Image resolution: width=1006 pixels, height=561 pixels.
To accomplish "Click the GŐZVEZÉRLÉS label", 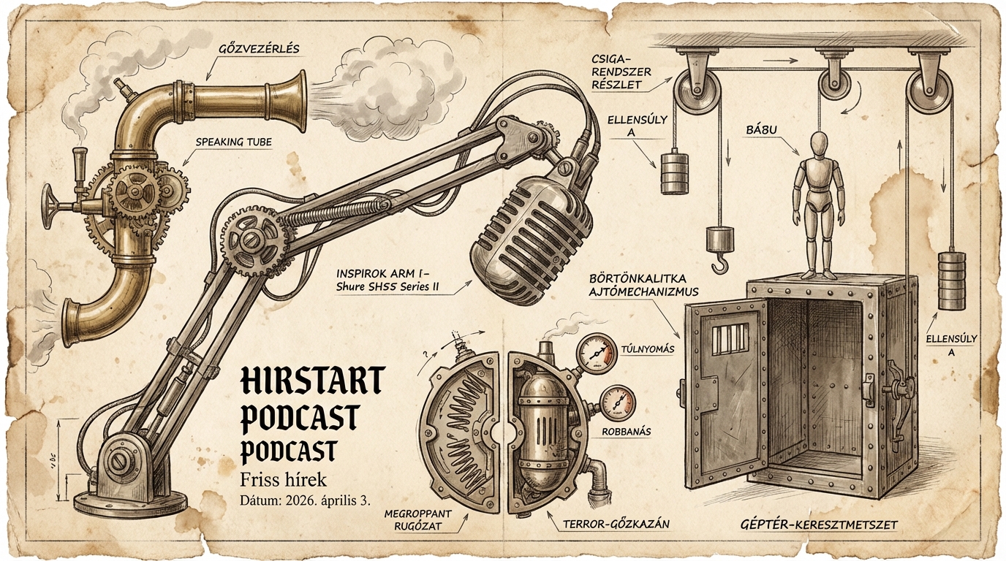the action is click(258, 49).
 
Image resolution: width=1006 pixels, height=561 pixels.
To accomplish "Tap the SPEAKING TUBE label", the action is click(233, 142).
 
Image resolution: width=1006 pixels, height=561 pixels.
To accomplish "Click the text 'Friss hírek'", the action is click(283, 480).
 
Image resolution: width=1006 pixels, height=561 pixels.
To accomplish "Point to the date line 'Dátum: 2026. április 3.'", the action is click(305, 500).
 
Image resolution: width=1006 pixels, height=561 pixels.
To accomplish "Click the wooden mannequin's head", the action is click(819, 146).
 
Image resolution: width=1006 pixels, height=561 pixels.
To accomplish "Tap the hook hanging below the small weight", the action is click(719, 262).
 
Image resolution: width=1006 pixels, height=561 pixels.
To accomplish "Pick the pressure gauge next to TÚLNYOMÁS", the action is click(597, 354).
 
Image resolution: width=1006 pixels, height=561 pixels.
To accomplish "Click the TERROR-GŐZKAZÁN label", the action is click(616, 523).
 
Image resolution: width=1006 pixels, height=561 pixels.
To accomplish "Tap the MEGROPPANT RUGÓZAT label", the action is click(417, 519).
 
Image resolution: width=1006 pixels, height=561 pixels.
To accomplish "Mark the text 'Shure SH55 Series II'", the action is click(387, 287).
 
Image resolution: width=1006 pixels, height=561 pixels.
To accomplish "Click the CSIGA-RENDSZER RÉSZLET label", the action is click(622, 72).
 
